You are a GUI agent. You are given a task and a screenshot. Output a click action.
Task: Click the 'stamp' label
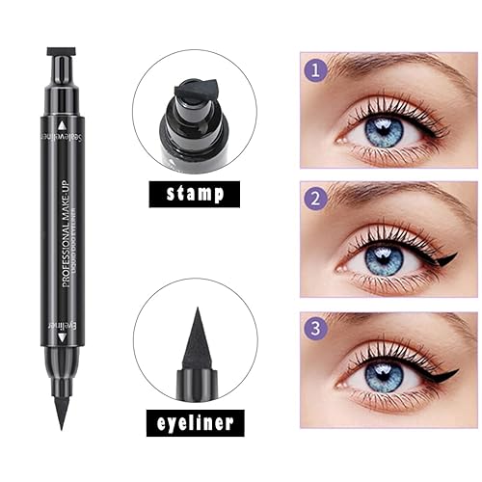pos(195,193)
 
